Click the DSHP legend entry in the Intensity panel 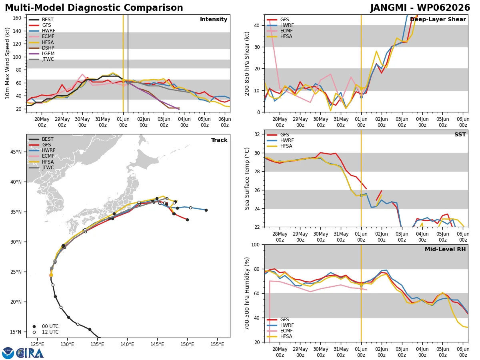click(x=42, y=48)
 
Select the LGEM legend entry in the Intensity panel click(x=42, y=54)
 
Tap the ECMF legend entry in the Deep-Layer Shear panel click(x=280, y=31)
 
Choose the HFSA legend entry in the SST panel click(x=280, y=146)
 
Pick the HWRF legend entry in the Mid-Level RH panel click(x=280, y=325)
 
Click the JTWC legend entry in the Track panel click(x=41, y=168)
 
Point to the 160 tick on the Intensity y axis click(x=17, y=18)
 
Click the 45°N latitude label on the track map click(x=16, y=152)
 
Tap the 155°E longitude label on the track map click(x=217, y=344)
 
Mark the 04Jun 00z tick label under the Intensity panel click(x=184, y=122)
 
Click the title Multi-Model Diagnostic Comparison click(x=94, y=8)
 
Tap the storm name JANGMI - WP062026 click(x=420, y=8)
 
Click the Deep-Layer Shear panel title click(x=438, y=20)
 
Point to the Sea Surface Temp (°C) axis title click(x=247, y=178)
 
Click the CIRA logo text click(x=30, y=353)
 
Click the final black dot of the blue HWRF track click(x=206, y=210)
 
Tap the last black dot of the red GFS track click(x=188, y=220)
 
